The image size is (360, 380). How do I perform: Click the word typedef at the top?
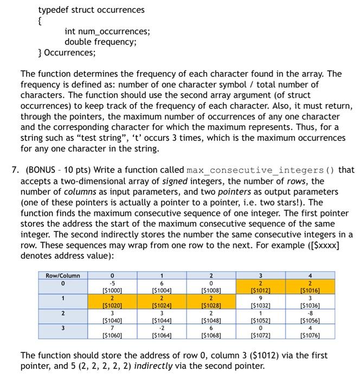54,10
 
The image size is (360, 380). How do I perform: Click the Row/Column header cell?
62,275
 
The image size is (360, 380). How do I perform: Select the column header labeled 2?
211,275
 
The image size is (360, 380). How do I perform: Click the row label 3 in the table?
62,328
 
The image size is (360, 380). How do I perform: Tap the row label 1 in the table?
62,297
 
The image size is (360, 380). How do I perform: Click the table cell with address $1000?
112,286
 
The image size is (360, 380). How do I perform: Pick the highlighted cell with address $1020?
112,301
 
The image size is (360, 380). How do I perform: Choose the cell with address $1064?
162,332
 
